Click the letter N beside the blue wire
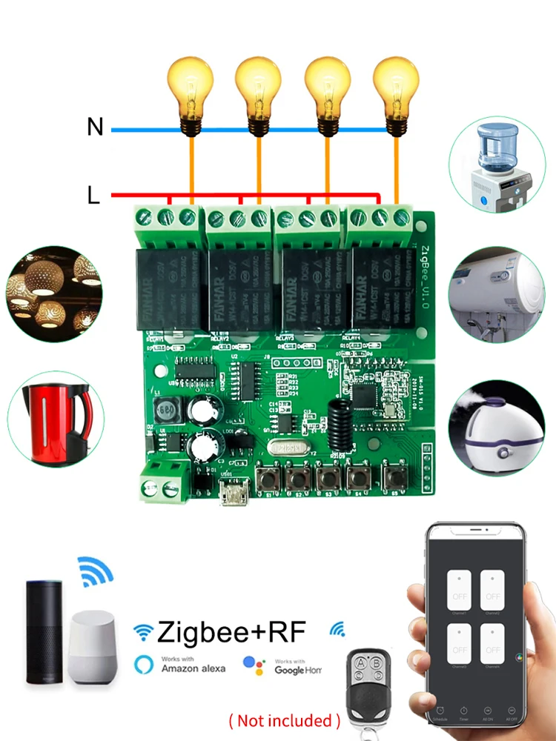pos(95,127)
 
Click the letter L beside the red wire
pos(93,196)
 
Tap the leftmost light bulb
pos(191,93)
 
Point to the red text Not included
pos(285,720)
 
